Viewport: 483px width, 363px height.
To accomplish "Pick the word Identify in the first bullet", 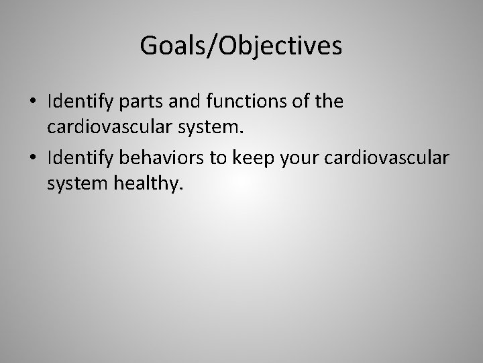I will click(76, 102).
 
